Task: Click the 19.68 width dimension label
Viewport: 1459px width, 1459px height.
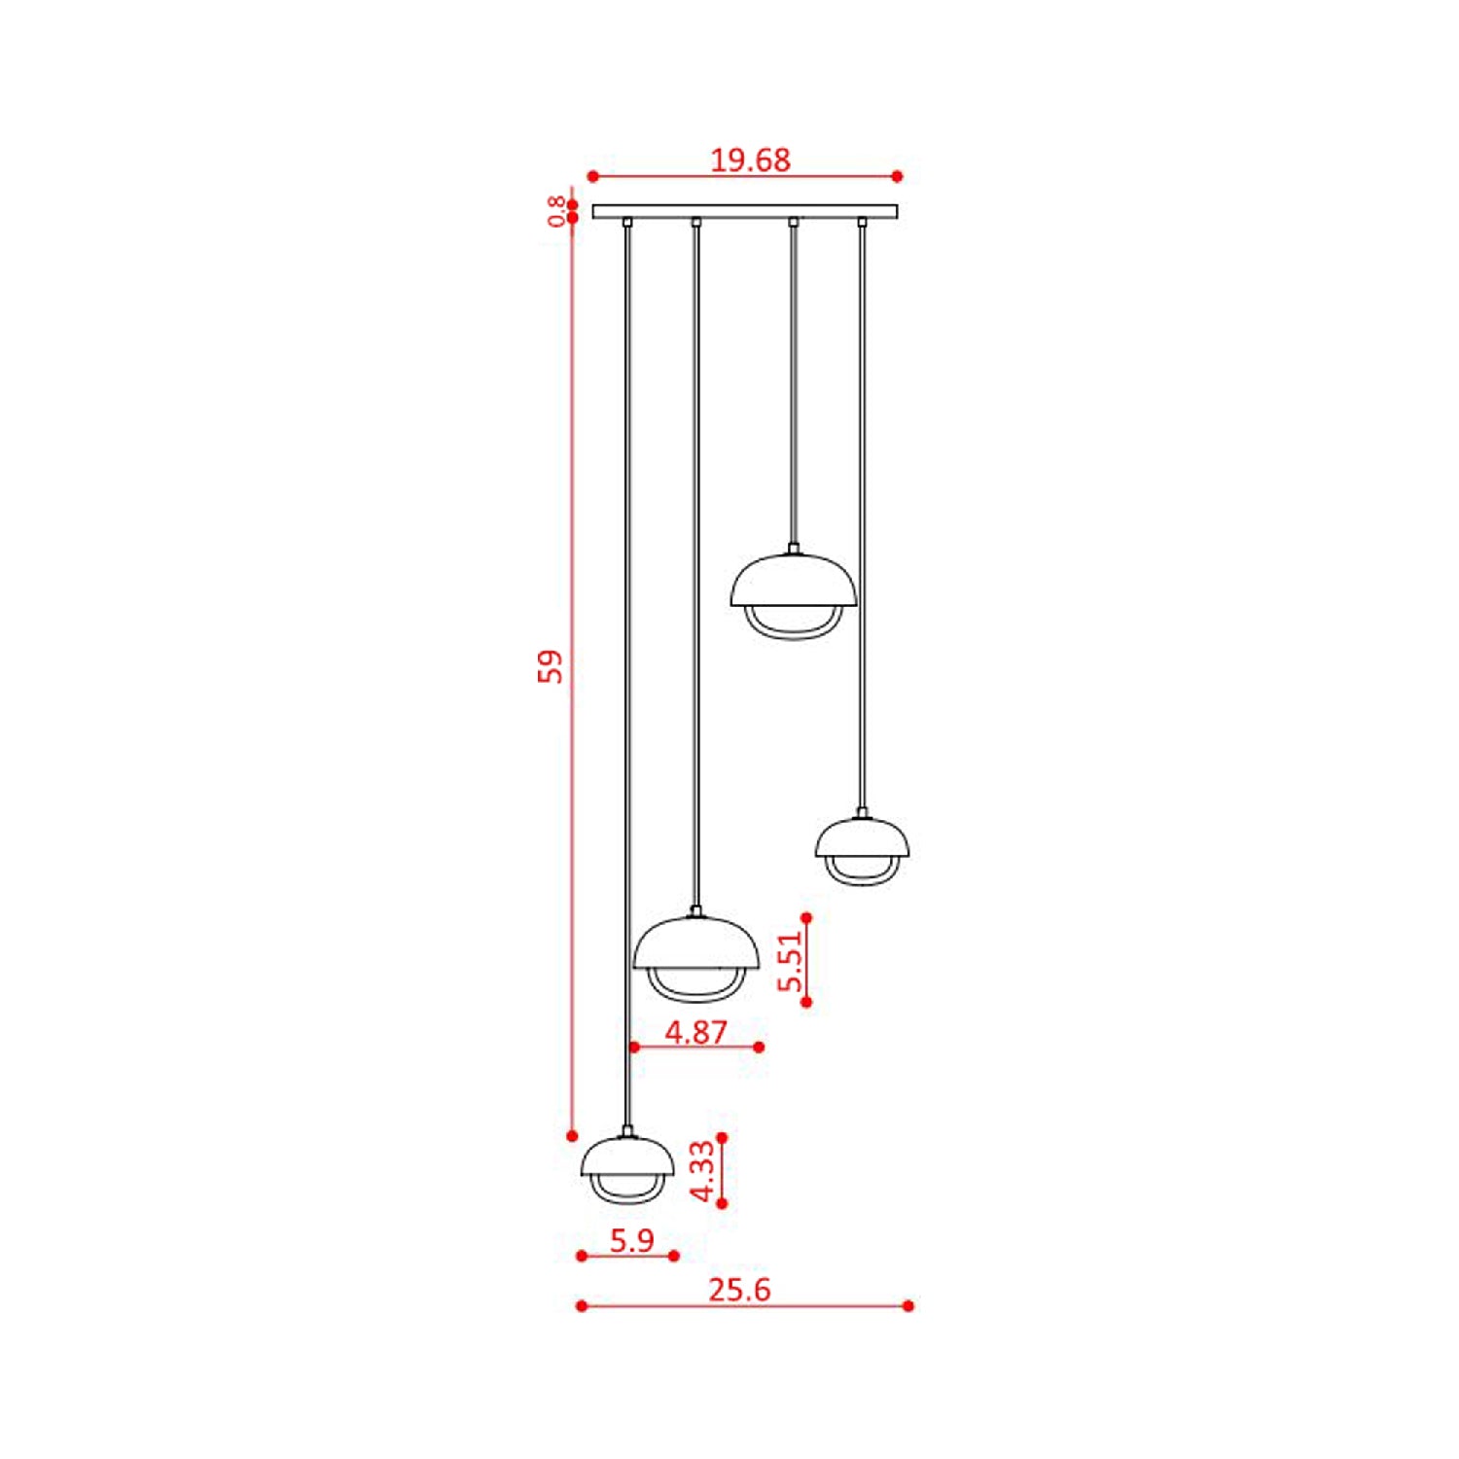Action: point(750,160)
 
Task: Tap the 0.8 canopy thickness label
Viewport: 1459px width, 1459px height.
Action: point(555,211)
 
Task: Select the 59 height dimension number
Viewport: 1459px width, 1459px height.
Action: point(551,666)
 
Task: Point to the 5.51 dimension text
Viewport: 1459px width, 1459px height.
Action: point(791,960)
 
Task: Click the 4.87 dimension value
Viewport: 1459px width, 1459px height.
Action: point(696,1031)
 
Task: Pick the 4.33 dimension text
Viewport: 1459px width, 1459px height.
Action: point(702,1171)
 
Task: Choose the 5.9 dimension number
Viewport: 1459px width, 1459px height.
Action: point(632,1240)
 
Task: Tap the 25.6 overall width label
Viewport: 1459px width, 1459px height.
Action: point(739,1290)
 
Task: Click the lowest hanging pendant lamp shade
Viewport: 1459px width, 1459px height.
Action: point(627,1157)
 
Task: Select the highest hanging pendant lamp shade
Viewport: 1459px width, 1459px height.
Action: point(794,582)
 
